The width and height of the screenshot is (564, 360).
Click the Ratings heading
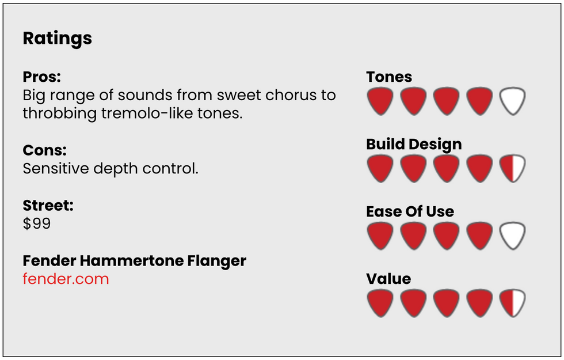tap(57, 39)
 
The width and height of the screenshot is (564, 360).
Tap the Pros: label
tap(41, 77)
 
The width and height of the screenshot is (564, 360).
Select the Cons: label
tap(45, 150)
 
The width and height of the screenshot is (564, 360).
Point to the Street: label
tap(48, 206)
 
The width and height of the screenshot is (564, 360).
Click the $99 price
tap(37, 223)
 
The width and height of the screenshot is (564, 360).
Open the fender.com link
tap(66, 279)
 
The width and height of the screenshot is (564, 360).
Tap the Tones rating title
tap(389, 77)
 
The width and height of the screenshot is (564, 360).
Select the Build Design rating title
tap(414, 145)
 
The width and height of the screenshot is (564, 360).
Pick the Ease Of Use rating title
tap(410, 211)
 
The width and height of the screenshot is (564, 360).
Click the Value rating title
tap(388, 279)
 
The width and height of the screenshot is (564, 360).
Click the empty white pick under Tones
tap(513, 101)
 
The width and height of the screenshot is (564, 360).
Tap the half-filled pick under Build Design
tap(513, 168)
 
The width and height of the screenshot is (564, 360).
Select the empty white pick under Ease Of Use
tap(513, 236)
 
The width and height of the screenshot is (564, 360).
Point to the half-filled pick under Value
tap(513, 303)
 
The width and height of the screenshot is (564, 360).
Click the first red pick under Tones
tap(380, 101)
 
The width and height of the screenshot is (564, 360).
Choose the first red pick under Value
tap(380, 303)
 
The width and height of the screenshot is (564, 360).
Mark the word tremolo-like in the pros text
tap(147, 113)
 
